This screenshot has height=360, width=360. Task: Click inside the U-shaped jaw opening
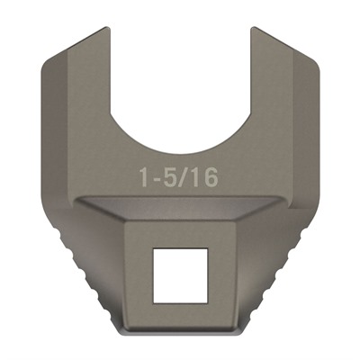[180, 81]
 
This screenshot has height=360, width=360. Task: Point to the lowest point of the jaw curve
[180, 143]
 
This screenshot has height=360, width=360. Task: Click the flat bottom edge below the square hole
[180, 331]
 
